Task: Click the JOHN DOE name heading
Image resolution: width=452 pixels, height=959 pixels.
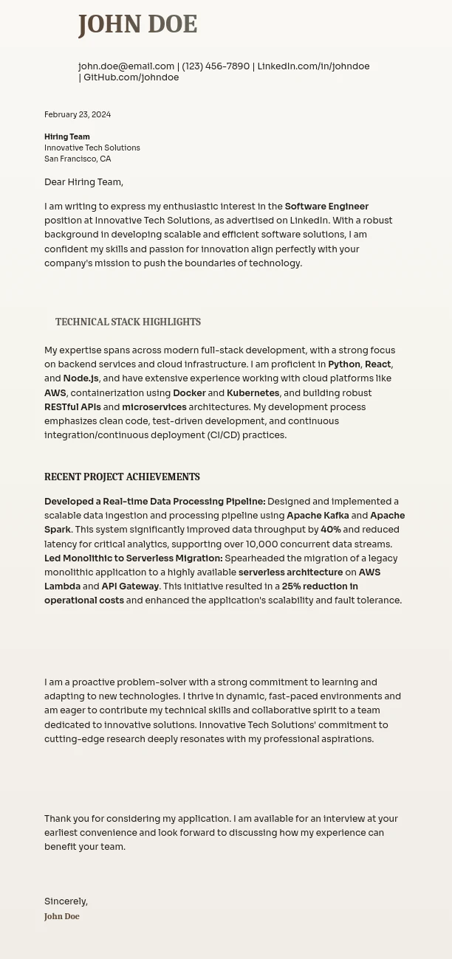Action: tap(137, 24)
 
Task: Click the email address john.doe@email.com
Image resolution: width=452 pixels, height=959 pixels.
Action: tap(126, 66)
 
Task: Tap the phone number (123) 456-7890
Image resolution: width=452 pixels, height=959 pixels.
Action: tap(216, 66)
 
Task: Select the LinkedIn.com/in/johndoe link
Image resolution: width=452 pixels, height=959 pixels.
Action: tap(313, 66)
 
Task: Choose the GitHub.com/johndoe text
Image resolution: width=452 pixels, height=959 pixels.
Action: tap(131, 77)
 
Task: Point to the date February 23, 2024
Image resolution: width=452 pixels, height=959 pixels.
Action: tap(78, 115)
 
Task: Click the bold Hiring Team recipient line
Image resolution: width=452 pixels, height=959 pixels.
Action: tap(67, 137)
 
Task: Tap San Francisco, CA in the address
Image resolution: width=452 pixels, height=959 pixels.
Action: tap(78, 159)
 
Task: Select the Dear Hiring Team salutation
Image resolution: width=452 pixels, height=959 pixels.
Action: tap(83, 182)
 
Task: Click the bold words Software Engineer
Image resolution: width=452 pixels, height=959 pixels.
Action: tap(326, 207)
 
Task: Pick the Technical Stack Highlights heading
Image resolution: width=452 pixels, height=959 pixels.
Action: tap(128, 322)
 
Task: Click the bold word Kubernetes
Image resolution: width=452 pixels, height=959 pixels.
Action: tap(253, 393)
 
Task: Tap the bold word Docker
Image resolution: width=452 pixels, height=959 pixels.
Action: tap(189, 393)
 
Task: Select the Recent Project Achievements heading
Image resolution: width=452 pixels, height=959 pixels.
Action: tap(122, 477)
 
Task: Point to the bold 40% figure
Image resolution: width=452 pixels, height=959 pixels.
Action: tap(330, 530)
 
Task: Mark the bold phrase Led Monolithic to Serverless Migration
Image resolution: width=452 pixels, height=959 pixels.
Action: tap(133, 558)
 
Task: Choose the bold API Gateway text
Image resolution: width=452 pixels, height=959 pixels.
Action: tap(130, 586)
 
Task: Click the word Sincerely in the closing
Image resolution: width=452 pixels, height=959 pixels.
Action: tap(65, 901)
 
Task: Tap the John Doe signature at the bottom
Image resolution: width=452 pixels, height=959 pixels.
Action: tap(62, 917)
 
